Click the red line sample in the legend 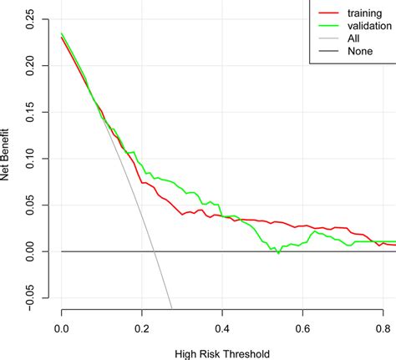pyautogui.click(x=325, y=13)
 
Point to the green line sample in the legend pyautogui.click(x=325, y=26)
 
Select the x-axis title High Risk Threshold pyautogui.click(x=221, y=353)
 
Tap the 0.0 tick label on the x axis pyautogui.click(x=61, y=328)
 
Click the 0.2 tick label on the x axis pyautogui.click(x=141, y=328)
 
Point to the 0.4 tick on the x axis pyautogui.click(x=221, y=328)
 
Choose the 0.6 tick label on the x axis pyautogui.click(x=302, y=328)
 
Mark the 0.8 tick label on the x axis pyautogui.click(x=382, y=328)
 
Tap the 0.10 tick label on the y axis pyautogui.click(x=31, y=159)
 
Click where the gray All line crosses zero pyautogui.click(x=155, y=251)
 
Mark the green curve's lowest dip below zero pyautogui.click(x=278, y=253)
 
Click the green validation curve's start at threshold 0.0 pyautogui.click(x=61, y=33)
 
